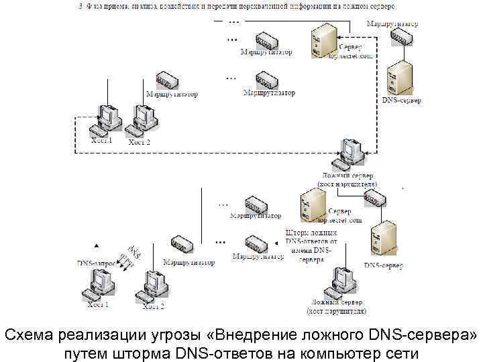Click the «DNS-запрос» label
click(97, 263)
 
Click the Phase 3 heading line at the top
click(242, 6)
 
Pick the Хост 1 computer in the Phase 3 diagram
click(106, 119)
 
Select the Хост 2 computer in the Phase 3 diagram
click(146, 119)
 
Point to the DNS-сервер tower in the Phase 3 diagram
click(400, 77)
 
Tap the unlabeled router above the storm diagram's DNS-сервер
click(374, 198)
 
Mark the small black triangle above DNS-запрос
click(96, 245)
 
